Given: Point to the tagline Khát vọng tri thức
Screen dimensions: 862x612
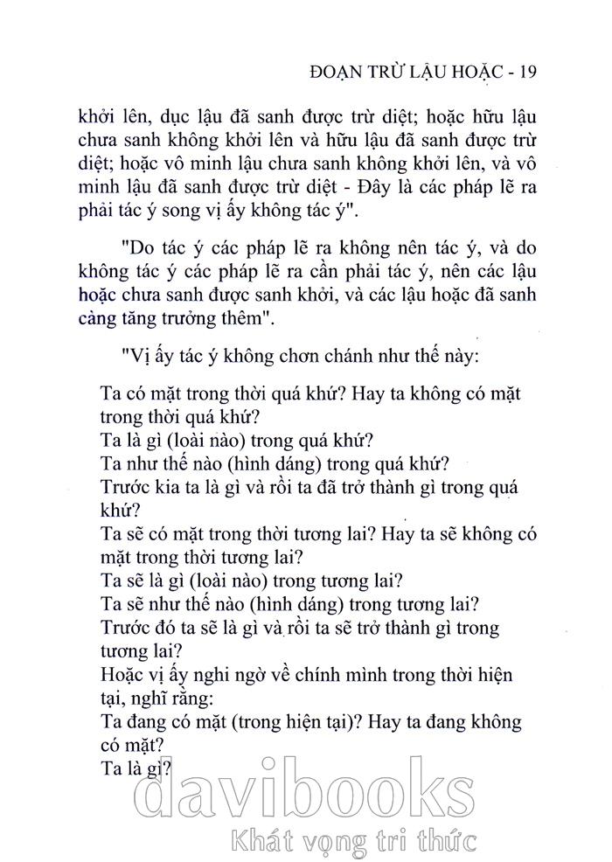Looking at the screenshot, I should click(351, 841).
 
